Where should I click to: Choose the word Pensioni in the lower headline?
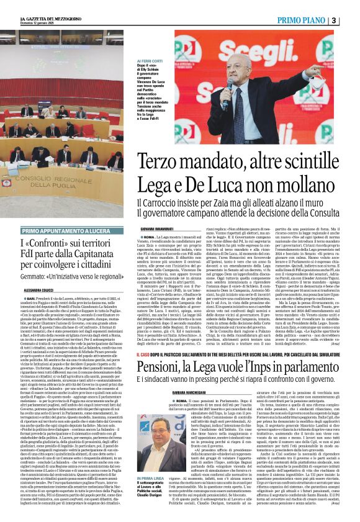tap(162, 366)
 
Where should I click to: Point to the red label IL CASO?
tap(145, 354)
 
